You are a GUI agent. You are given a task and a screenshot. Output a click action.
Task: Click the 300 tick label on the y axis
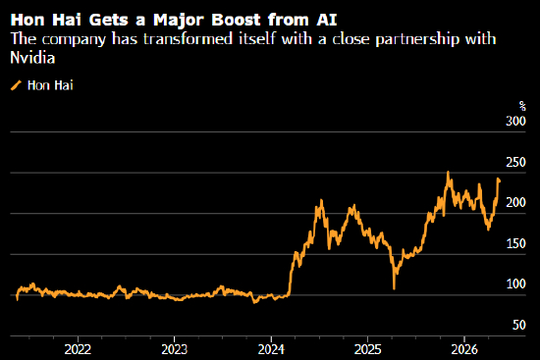[x=515, y=122]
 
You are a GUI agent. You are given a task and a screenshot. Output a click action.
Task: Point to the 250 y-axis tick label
[x=515, y=162]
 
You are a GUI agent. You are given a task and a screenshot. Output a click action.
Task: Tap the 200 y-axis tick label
[x=515, y=203]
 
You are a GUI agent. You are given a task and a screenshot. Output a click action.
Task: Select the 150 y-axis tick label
[x=515, y=243]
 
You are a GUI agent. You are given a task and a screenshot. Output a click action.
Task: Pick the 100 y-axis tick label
[x=515, y=284]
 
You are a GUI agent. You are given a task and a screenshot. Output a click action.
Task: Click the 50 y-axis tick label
[x=519, y=325]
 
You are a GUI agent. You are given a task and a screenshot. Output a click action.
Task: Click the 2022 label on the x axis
[x=78, y=349]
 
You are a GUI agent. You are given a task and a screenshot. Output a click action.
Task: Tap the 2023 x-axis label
[x=174, y=349]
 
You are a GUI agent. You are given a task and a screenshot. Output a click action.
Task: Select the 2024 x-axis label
[x=271, y=349]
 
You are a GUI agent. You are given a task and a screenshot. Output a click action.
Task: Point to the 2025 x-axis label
[x=368, y=349]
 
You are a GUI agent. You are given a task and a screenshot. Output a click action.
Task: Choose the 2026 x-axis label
[x=464, y=349]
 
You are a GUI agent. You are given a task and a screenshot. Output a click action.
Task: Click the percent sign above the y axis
[x=522, y=106]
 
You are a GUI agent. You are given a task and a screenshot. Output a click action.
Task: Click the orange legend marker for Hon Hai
[x=16, y=85]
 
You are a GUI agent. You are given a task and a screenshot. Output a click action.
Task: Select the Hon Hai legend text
[x=50, y=85]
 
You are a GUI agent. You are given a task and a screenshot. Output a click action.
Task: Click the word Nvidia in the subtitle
[x=32, y=58]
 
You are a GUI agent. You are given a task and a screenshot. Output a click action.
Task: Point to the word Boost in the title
[x=236, y=20]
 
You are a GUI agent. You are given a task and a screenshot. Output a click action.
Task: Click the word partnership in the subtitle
[x=417, y=39]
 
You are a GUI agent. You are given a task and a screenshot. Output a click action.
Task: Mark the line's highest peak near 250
[x=448, y=172]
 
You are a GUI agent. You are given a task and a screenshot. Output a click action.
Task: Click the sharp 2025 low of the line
[x=394, y=288]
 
